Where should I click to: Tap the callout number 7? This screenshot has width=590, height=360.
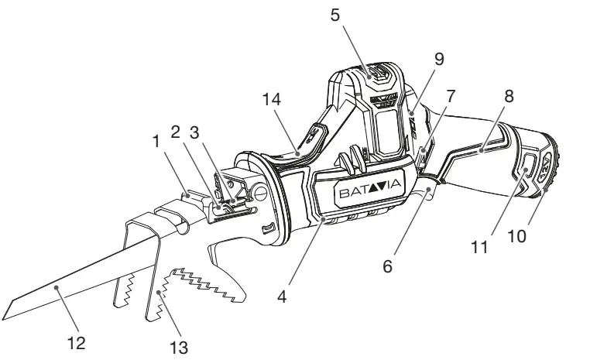point(450,96)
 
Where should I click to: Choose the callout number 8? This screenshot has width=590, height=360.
point(508,96)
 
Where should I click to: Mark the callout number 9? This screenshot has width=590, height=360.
point(439,57)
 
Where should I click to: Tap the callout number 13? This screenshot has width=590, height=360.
point(180,347)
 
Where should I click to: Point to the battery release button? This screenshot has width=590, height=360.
point(527,166)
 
